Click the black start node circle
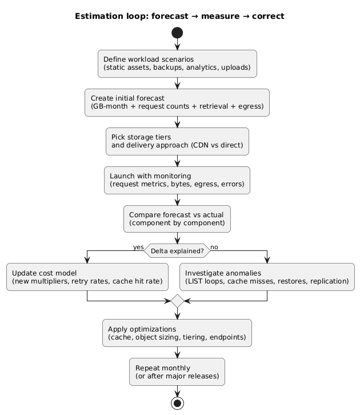tap(177, 33)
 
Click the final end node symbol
tap(177, 403)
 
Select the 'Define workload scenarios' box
tap(177, 63)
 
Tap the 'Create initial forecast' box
tap(177, 102)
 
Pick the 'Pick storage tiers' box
tap(177, 141)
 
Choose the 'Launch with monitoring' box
tap(177, 180)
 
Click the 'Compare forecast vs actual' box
tap(177, 219)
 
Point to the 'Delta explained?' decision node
tap(177, 250)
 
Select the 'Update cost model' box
tap(87, 277)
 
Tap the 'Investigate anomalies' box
tap(267, 277)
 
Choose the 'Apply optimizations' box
tap(177, 333)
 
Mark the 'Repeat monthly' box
tap(177, 372)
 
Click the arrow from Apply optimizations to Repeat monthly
tap(177, 353)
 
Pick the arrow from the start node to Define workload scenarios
tap(177, 45)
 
